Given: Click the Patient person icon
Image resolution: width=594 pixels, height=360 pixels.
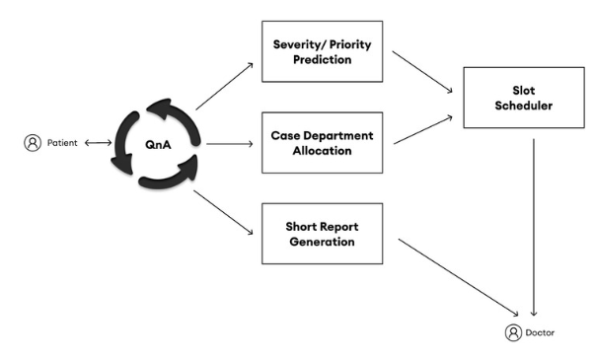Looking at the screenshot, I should (x=32, y=144).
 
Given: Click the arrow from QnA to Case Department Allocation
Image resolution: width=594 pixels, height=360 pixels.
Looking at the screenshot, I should (x=229, y=142).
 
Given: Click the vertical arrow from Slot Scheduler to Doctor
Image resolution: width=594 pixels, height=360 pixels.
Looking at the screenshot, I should (x=534, y=222).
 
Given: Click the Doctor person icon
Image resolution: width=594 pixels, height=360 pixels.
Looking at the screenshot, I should (x=513, y=332).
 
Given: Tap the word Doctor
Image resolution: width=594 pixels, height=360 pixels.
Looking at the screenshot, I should (x=542, y=333).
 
